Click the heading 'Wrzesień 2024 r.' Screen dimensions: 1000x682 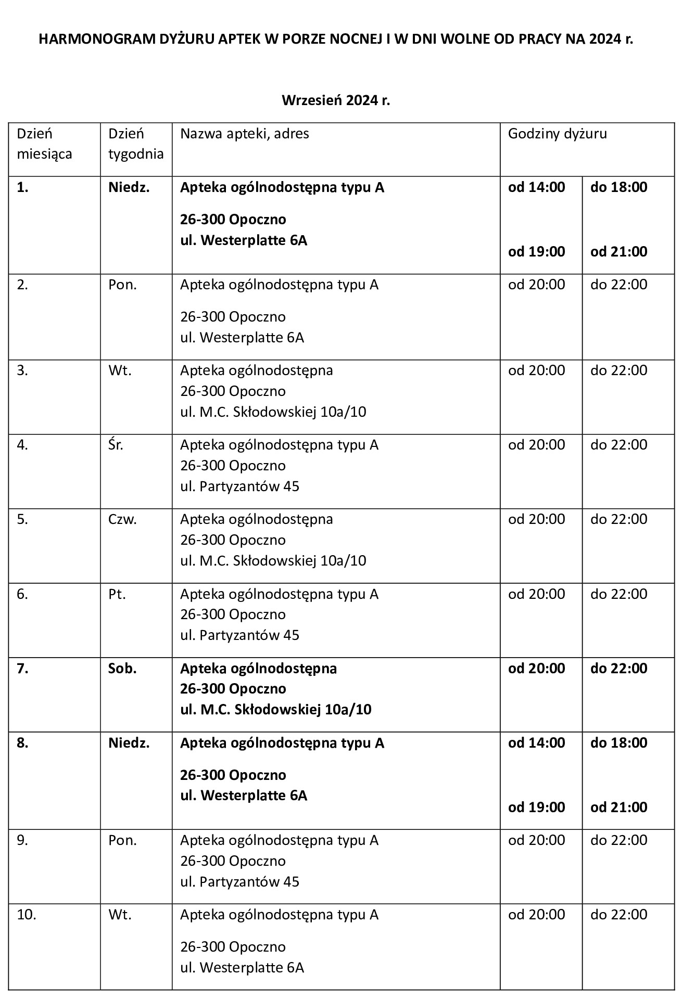pyautogui.click(x=336, y=100)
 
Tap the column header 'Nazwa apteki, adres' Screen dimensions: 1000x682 pyautogui.click(x=245, y=134)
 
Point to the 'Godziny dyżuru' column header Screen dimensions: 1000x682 pyautogui.click(x=558, y=134)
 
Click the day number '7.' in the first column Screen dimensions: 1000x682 pyautogui.click(x=22, y=668)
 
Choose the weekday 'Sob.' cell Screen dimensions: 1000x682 pyautogui.click(x=122, y=668)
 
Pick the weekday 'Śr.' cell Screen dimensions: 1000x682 pyautogui.click(x=116, y=445)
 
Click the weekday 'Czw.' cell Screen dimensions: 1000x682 pyautogui.click(x=122, y=519)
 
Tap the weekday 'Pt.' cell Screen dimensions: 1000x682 pyautogui.click(x=117, y=594)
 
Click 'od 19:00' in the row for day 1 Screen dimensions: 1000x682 pyautogui.click(x=537, y=251)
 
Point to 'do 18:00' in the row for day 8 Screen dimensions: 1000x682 pyautogui.click(x=618, y=742)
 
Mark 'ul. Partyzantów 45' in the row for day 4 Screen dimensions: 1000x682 pyautogui.click(x=239, y=486)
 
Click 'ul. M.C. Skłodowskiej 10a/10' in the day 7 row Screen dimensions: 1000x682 pyautogui.click(x=276, y=710)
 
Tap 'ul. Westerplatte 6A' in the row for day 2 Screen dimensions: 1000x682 pyautogui.click(x=242, y=338)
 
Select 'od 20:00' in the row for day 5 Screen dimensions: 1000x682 pyautogui.click(x=537, y=519)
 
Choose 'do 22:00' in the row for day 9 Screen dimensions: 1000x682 pyautogui.click(x=618, y=840)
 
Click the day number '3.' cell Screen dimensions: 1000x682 pyautogui.click(x=22, y=370)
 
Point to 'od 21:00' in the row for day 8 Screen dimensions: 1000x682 pyautogui.click(x=618, y=807)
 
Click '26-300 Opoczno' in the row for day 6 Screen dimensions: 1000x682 pyautogui.click(x=233, y=614)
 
